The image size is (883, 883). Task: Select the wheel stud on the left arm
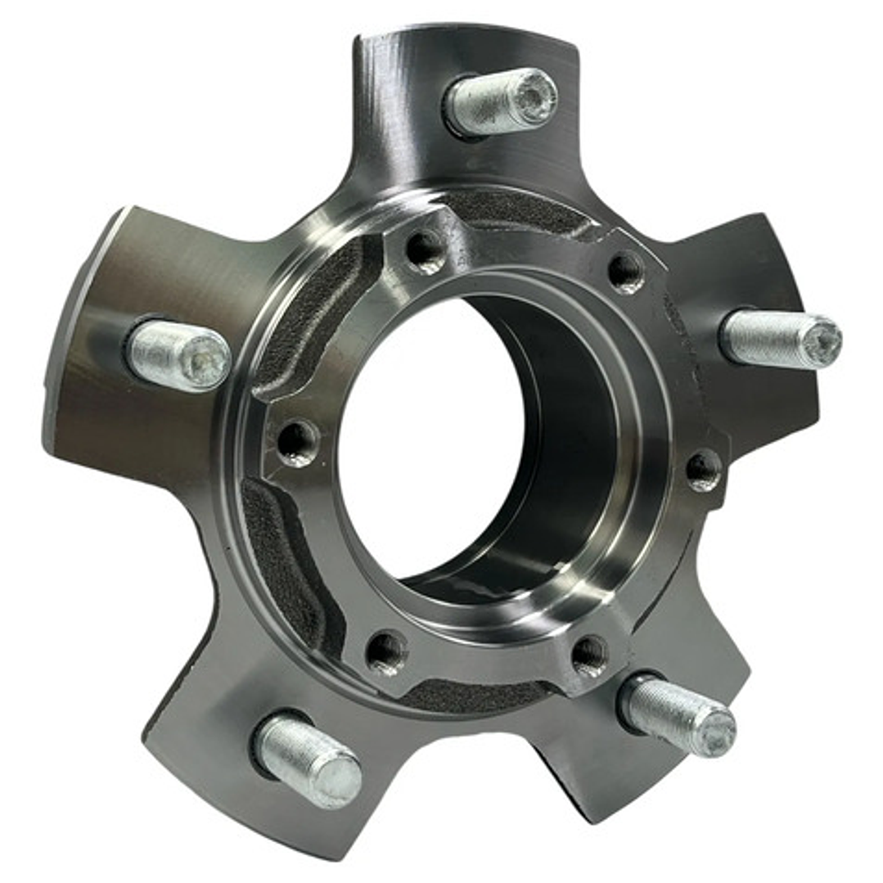179,356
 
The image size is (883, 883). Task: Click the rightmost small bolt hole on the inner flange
703,470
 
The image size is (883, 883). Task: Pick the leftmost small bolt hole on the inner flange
297,442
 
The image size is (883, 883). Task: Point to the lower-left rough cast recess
282,556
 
